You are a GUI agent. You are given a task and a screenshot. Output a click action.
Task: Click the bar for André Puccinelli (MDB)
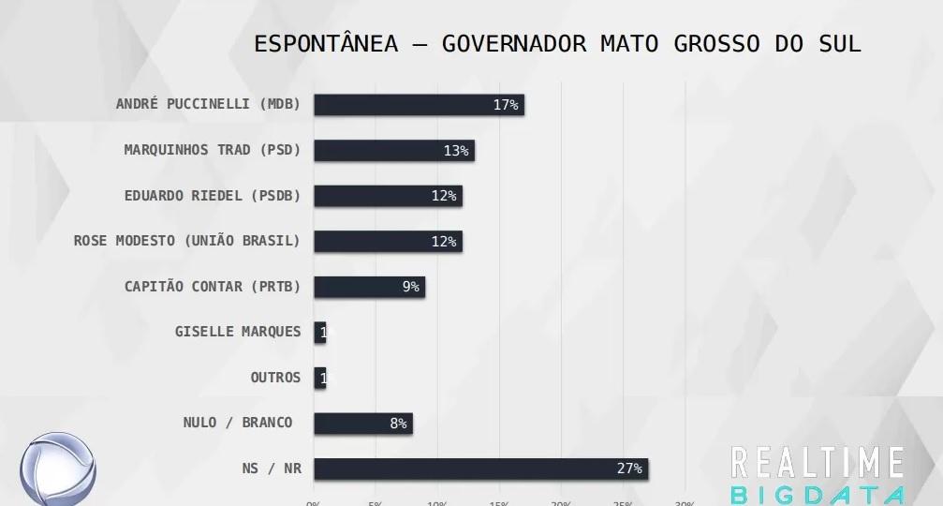(x=419, y=105)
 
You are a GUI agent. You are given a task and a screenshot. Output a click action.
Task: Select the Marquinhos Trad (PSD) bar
(x=393, y=150)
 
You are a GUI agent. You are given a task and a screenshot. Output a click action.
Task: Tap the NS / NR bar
(x=480, y=469)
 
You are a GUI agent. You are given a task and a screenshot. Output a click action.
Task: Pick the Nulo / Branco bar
(x=362, y=424)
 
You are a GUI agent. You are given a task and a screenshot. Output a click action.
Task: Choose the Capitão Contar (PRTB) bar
(x=369, y=287)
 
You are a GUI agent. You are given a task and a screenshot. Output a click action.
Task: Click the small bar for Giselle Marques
(x=319, y=332)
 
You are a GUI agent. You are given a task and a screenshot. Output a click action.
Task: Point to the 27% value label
(x=629, y=469)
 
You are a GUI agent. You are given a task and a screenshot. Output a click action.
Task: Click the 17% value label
(x=506, y=105)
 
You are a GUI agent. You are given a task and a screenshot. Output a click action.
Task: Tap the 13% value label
(x=456, y=150)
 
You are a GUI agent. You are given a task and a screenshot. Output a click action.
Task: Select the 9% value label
(x=410, y=287)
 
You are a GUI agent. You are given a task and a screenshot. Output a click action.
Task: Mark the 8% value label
(x=398, y=424)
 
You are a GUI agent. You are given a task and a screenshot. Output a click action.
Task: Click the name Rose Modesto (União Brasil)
(x=187, y=241)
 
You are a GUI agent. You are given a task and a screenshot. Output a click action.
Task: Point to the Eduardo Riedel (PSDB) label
(x=213, y=196)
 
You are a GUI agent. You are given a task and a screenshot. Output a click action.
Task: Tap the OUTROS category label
(x=275, y=378)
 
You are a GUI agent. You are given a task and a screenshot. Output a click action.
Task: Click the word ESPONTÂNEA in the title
(x=326, y=44)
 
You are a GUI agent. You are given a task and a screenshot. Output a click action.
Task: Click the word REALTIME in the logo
(x=817, y=464)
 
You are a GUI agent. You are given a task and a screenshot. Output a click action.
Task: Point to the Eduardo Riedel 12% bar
(x=388, y=196)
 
